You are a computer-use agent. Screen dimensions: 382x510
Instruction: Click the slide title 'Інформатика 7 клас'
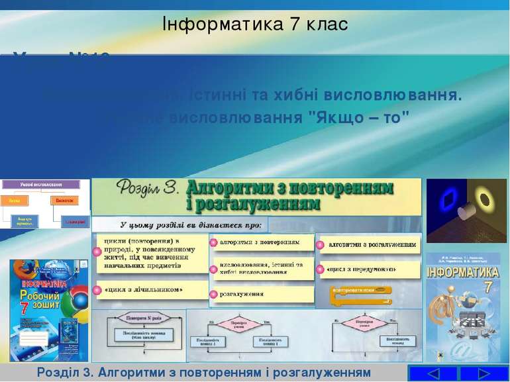pyautogui.click(x=255, y=24)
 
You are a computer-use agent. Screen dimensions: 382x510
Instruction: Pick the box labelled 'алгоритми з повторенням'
pyautogui.click(x=261, y=242)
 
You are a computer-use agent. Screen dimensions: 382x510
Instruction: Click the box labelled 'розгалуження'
pyautogui.click(x=261, y=294)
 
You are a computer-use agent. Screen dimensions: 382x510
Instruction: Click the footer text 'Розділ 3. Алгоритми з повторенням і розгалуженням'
pyautogui.click(x=203, y=372)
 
